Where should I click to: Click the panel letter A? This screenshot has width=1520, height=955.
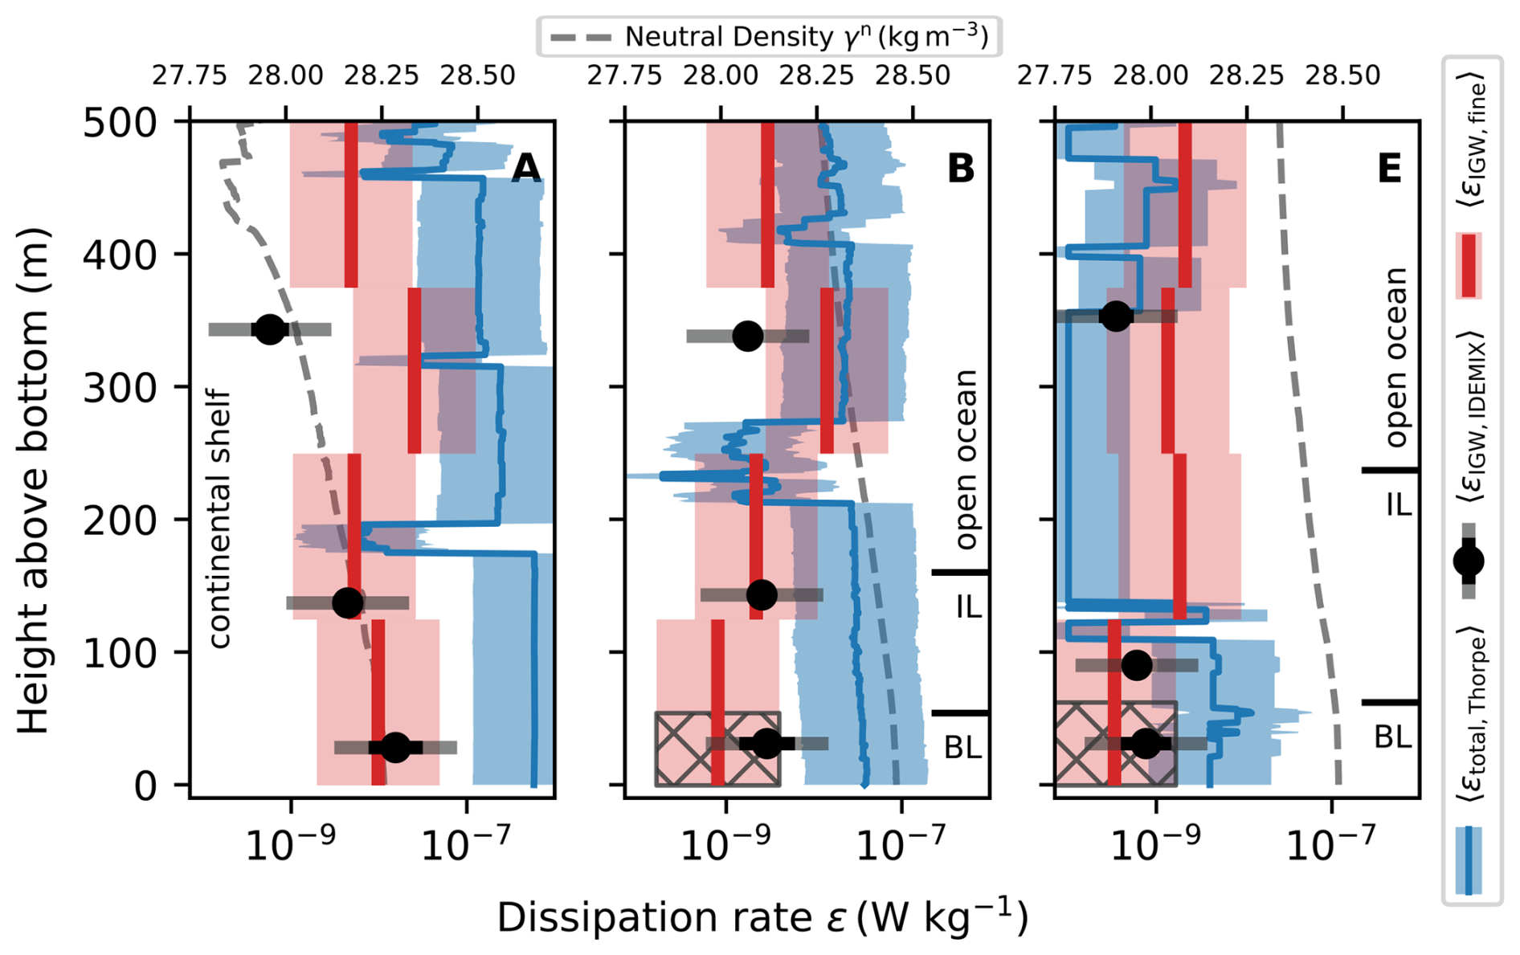(x=525, y=169)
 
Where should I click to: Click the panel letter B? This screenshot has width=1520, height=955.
(x=961, y=169)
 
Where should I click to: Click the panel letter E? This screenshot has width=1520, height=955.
(x=1389, y=169)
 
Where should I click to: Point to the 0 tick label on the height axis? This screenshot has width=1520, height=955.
(x=145, y=786)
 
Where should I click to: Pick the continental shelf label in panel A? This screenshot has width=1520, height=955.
(x=219, y=518)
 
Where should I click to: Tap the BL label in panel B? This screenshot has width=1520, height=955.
(x=962, y=748)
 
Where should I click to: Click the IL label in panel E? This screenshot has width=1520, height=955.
(x=1398, y=504)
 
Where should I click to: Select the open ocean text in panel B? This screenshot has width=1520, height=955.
(x=966, y=459)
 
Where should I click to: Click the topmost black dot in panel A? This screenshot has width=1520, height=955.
(x=269, y=329)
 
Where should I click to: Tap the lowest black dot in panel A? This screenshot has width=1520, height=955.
(x=394, y=747)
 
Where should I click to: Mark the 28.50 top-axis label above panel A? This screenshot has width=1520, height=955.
(x=477, y=76)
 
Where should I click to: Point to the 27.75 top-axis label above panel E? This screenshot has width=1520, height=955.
(x=1055, y=76)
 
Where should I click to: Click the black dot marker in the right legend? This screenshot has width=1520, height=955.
(x=1469, y=561)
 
